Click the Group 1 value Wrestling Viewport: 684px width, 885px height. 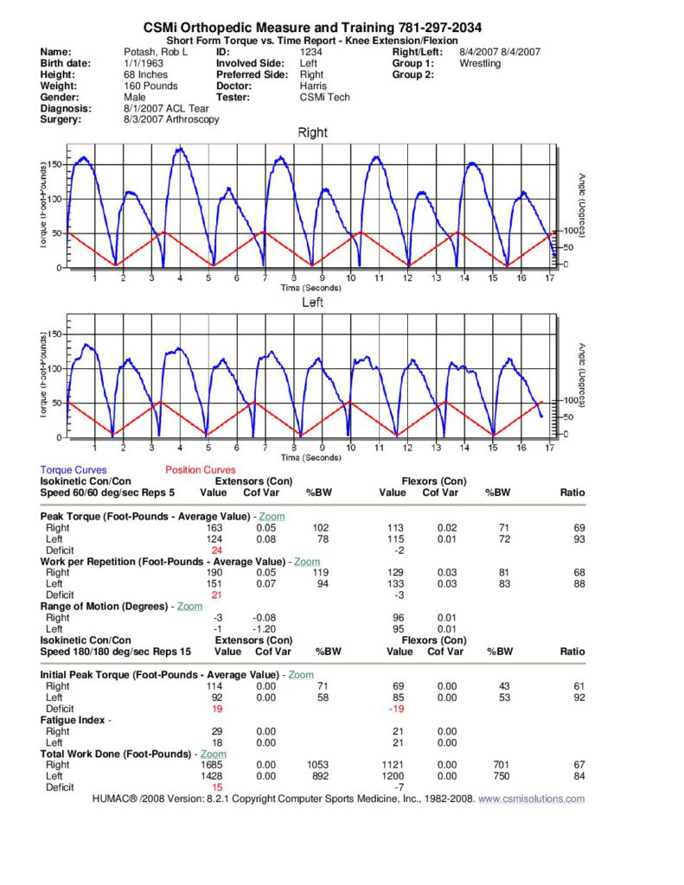click(480, 63)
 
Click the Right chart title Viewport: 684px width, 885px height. click(312, 133)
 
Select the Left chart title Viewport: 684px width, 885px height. click(312, 303)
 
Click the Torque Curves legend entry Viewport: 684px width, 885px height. click(74, 470)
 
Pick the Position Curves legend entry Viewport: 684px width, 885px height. click(200, 470)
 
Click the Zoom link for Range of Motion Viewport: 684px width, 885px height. click(190, 607)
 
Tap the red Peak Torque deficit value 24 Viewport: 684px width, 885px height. click(217, 550)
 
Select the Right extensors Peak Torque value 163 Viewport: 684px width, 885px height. click(214, 527)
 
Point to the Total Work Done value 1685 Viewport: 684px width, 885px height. click(211, 765)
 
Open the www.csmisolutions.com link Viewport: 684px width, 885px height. click(532, 799)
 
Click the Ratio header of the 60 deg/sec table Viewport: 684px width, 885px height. click(572, 493)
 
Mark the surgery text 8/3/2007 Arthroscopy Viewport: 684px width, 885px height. click(171, 120)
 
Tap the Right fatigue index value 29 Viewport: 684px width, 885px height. click(217, 731)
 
